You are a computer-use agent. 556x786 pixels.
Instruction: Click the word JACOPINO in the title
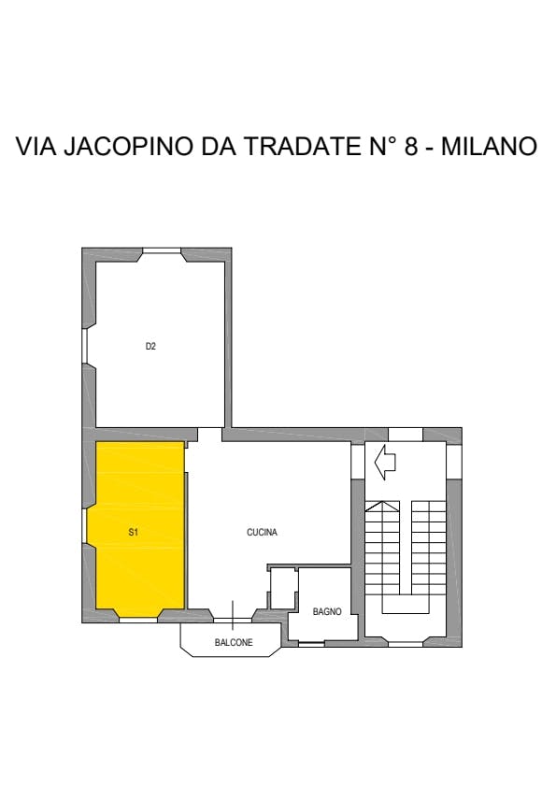point(129,146)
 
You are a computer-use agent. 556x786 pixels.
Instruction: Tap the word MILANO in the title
point(489,146)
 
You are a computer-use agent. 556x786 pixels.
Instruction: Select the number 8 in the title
point(410,146)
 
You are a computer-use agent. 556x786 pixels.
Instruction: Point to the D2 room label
point(150,346)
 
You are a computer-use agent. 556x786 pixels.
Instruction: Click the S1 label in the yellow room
point(133,533)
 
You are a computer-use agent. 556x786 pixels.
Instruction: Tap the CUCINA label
point(262,533)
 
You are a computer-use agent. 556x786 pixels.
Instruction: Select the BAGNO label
point(327,611)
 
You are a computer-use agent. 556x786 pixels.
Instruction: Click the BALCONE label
point(234,642)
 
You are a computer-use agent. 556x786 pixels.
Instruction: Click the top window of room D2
point(162,250)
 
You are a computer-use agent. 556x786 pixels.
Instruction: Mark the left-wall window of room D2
point(85,346)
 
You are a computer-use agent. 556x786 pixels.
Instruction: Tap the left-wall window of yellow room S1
point(85,526)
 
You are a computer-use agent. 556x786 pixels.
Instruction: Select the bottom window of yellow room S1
point(138,620)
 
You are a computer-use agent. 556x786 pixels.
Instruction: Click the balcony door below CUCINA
point(233,620)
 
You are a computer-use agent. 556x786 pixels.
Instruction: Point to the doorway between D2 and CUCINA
point(209,434)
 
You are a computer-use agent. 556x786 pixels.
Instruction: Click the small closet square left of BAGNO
point(284,589)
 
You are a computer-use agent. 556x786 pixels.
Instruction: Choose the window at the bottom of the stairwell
point(406,644)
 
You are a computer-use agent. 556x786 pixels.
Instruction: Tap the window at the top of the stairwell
point(406,434)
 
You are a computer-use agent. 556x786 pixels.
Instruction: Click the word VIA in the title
point(36,146)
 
